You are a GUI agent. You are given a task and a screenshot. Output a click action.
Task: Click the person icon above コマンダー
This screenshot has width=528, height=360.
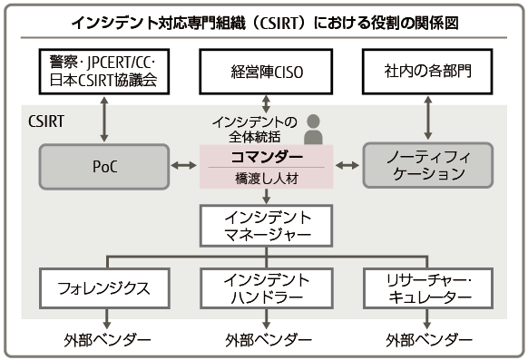tap(314, 130)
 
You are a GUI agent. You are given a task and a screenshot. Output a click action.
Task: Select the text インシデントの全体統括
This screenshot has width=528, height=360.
tap(253, 129)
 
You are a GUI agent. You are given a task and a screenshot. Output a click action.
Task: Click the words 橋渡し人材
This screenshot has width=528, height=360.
tap(263, 179)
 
